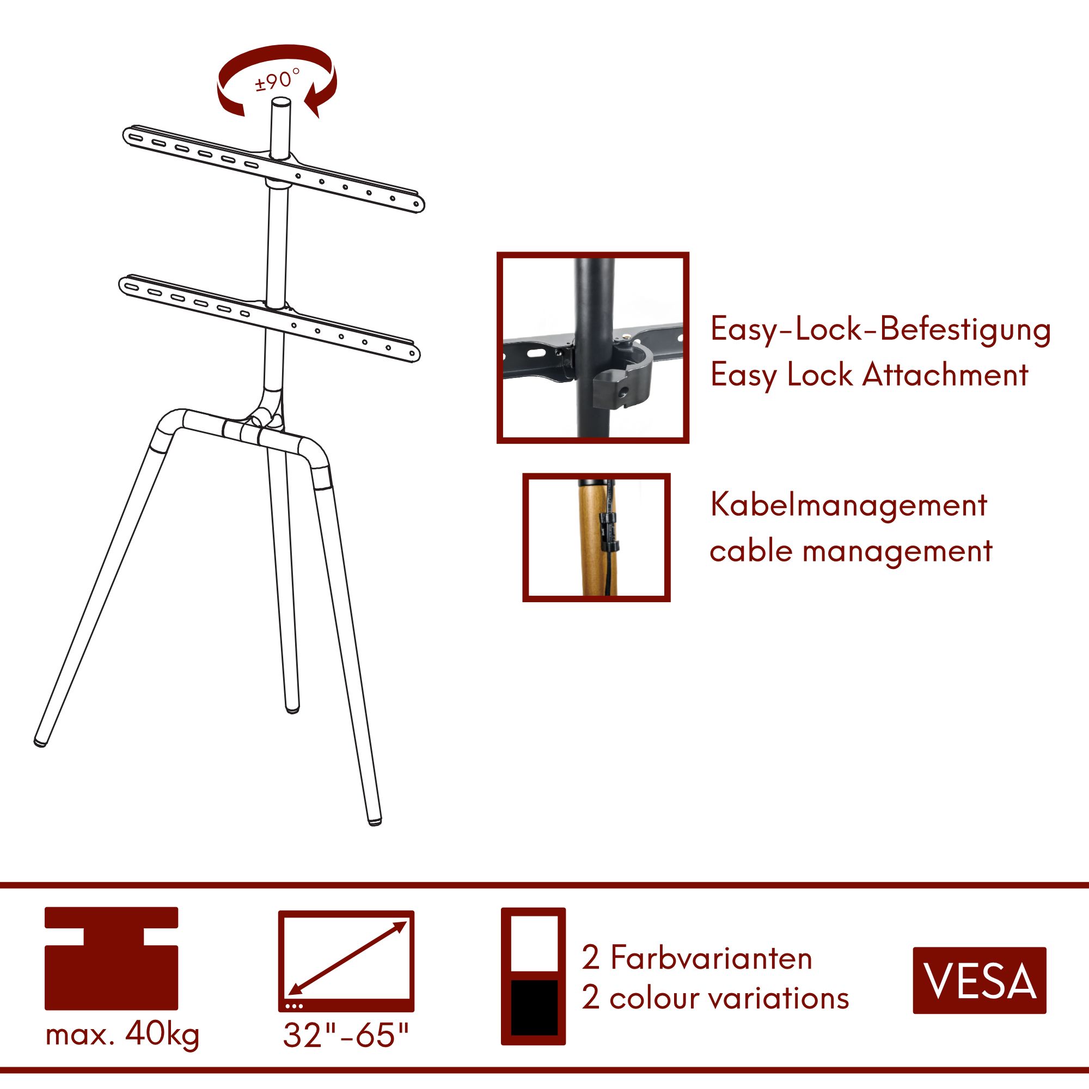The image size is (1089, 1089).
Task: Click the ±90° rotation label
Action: [x=277, y=80]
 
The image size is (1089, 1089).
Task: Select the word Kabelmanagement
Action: [x=848, y=505]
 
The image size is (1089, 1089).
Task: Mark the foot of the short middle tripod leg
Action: [x=291, y=708]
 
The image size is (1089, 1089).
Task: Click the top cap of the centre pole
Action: [x=281, y=103]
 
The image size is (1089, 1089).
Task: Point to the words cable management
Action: [x=851, y=551]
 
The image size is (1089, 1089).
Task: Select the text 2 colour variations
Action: [x=715, y=998]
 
